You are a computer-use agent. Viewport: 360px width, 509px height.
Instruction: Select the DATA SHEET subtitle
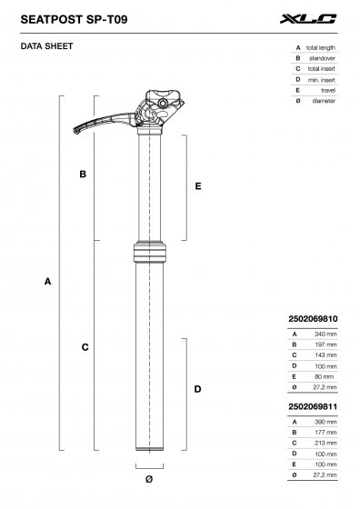tap(46, 45)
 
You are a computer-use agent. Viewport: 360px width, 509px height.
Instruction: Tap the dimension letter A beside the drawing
tap(46, 283)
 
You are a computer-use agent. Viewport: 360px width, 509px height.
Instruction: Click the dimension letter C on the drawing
tap(84, 347)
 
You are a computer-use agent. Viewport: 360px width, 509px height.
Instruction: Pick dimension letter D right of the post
tap(197, 389)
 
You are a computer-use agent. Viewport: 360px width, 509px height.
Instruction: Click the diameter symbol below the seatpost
tap(148, 479)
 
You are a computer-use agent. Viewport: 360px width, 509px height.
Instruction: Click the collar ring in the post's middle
tap(149, 252)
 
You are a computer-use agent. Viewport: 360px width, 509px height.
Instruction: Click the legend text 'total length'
tap(322, 47)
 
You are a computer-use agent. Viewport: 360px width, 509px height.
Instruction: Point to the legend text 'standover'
tap(325, 58)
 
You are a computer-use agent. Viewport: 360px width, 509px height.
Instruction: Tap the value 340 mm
tap(324, 334)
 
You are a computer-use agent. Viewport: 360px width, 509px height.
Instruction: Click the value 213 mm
tap(324, 444)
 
